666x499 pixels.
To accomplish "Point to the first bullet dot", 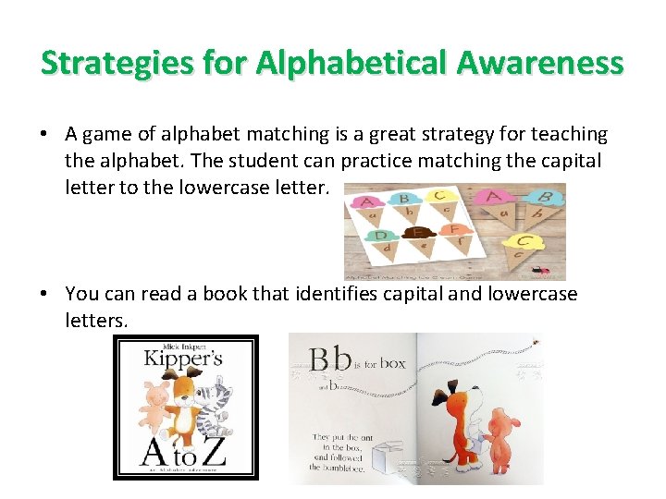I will [x=44, y=135].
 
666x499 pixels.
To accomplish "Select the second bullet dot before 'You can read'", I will [x=44, y=294].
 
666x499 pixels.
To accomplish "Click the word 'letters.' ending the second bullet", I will [x=97, y=320].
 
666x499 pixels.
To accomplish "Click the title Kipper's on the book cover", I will [x=182, y=359].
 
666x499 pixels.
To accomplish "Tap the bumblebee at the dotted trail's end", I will [x=534, y=345].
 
